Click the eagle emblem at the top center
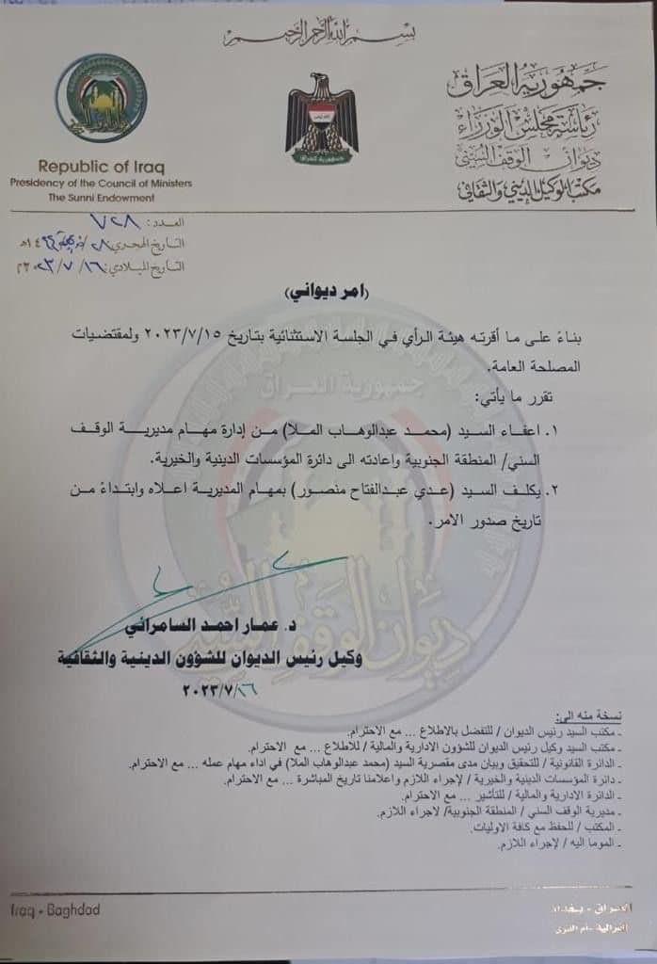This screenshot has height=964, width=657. (x=322, y=119)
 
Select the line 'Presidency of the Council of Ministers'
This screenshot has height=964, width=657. (x=101, y=183)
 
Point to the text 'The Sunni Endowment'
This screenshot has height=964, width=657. (x=101, y=197)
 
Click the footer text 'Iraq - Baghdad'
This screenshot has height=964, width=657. (x=56, y=910)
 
